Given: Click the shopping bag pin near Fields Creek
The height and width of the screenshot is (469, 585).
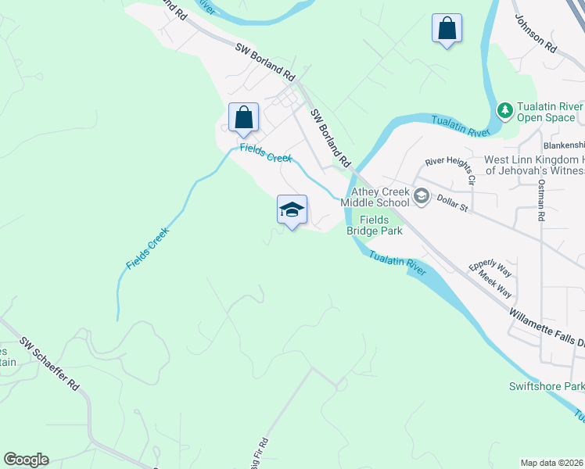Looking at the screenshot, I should [x=243, y=118].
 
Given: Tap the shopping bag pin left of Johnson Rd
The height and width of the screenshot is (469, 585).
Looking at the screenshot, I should [x=447, y=29].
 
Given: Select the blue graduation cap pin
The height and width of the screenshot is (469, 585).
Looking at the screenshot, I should [x=292, y=210].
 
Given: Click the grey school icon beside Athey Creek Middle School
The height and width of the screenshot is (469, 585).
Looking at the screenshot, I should [x=422, y=195].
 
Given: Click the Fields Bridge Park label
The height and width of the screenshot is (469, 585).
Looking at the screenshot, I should [x=374, y=225].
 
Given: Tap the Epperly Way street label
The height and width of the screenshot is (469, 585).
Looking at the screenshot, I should [x=490, y=269].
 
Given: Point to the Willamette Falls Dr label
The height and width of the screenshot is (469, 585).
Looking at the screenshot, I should [x=546, y=328].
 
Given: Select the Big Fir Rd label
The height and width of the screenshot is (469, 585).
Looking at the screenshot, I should [x=259, y=453].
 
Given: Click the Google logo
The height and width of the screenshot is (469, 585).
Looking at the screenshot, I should [x=25, y=460].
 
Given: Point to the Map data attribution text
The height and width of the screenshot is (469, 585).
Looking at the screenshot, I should [x=552, y=463].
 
